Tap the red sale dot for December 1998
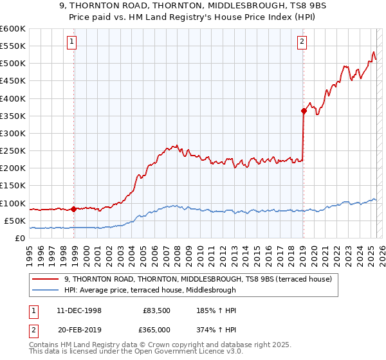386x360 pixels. coord(74,209)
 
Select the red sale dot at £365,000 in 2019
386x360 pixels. coord(304,111)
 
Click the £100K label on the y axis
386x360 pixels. coord(13,203)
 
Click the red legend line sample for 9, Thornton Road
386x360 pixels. coord(45,278)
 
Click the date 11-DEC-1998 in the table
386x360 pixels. coord(75,310)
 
